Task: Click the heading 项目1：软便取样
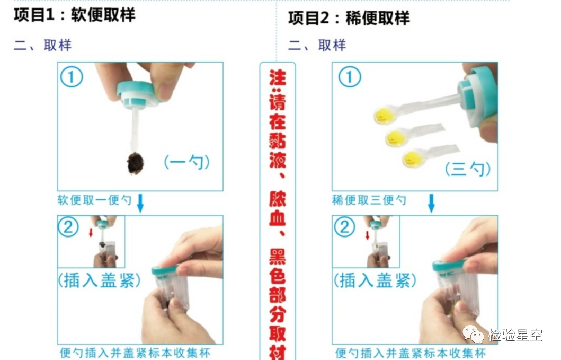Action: [x=74, y=15]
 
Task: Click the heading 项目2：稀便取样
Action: [x=349, y=18]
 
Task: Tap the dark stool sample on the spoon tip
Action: [x=136, y=163]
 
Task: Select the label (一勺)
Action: [x=187, y=162]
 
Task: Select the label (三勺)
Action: [x=468, y=169]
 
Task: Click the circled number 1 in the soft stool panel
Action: [x=72, y=77]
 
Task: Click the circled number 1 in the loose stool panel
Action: [x=350, y=77]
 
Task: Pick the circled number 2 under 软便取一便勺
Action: [x=68, y=227]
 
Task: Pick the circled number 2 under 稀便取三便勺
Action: [x=344, y=227]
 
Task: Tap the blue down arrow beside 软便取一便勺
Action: [x=140, y=203]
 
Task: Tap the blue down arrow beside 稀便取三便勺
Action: [x=432, y=203]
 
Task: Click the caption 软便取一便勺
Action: [x=94, y=200]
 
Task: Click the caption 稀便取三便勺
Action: [x=369, y=200]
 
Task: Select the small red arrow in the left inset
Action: [x=91, y=232]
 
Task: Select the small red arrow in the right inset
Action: [x=367, y=235]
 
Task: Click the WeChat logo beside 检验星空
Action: [x=473, y=334]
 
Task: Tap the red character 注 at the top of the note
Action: [x=278, y=77]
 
